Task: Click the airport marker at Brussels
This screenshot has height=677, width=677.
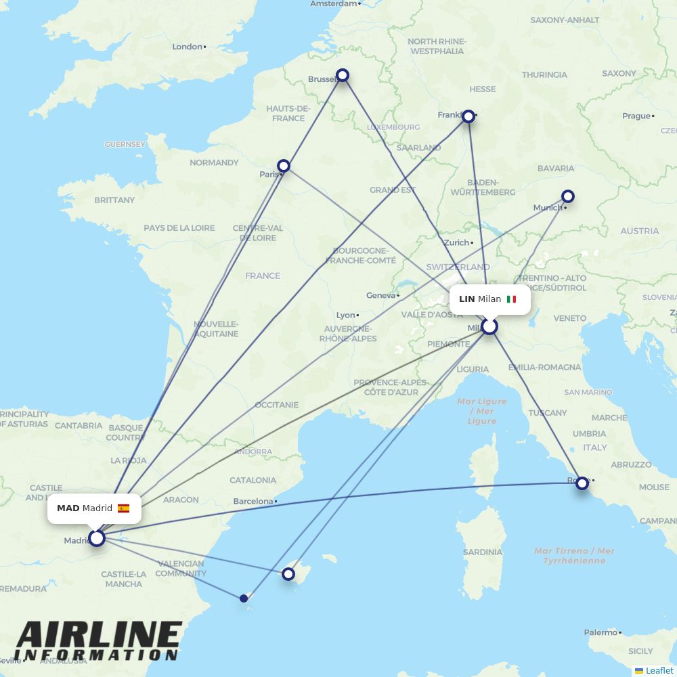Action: click(343, 75)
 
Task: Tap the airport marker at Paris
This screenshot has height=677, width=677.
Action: click(284, 166)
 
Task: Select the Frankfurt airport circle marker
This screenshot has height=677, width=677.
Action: click(468, 116)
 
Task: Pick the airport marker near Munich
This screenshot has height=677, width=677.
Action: click(568, 196)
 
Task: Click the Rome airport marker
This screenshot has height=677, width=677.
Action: click(582, 483)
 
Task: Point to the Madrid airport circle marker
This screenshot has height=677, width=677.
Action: click(97, 538)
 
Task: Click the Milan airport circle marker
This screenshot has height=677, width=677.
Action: click(489, 327)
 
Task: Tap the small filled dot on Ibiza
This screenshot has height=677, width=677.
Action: click(244, 598)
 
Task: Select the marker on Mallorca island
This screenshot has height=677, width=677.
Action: click(288, 574)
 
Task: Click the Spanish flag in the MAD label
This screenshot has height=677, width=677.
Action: click(123, 508)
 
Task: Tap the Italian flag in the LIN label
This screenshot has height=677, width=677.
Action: click(511, 299)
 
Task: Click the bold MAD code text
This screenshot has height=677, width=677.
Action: click(68, 508)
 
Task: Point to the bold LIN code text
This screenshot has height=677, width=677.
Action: click(466, 299)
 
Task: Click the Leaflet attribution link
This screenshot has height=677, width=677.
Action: click(659, 670)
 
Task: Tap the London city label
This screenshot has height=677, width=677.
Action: click(188, 47)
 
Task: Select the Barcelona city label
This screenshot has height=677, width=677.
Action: click(253, 502)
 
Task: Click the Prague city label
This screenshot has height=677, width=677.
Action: click(636, 116)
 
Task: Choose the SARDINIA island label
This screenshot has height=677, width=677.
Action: click(483, 552)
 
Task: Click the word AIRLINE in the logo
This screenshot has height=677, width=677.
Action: click(99, 636)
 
